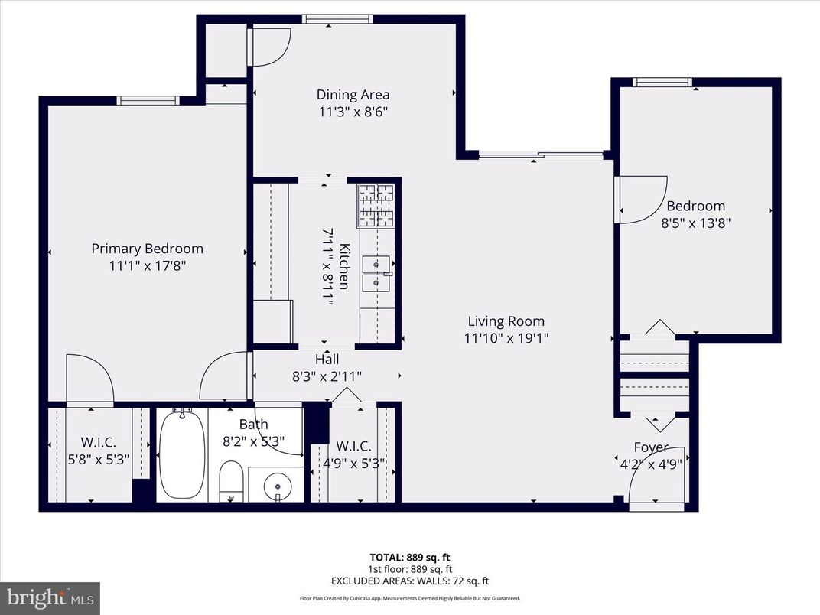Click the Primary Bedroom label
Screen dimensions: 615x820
point(147,249)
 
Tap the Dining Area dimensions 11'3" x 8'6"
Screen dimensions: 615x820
point(353,112)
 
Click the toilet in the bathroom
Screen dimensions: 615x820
point(231,480)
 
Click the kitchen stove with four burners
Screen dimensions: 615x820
point(376,206)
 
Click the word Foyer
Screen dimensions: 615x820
point(651,447)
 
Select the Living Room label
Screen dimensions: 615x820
point(506,321)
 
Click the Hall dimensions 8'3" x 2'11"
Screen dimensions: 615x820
point(327,376)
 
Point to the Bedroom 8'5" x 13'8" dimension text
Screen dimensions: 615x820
point(695,223)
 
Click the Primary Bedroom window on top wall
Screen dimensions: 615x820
point(148,100)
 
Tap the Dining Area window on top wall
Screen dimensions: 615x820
point(329,19)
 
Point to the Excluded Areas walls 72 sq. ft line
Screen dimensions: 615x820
point(409,581)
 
